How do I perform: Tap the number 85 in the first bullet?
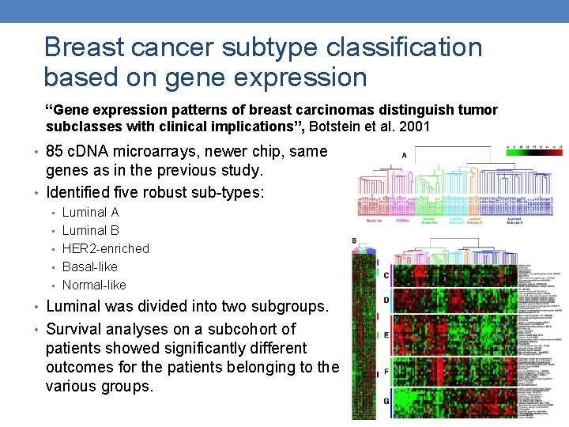tap(55, 152)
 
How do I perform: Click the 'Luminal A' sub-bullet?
tap(90, 212)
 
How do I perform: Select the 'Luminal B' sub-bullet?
tap(90, 230)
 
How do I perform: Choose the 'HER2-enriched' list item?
tap(105, 248)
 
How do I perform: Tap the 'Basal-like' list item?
tap(89, 266)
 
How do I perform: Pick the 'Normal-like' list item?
tap(94, 285)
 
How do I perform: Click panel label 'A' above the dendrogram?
tap(404, 155)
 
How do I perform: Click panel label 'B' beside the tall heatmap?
tap(354, 240)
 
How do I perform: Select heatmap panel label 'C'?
tap(386, 275)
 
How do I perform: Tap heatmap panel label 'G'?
tap(386, 401)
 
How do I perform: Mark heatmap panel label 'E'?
tap(386, 334)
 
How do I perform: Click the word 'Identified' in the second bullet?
tap(80, 191)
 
